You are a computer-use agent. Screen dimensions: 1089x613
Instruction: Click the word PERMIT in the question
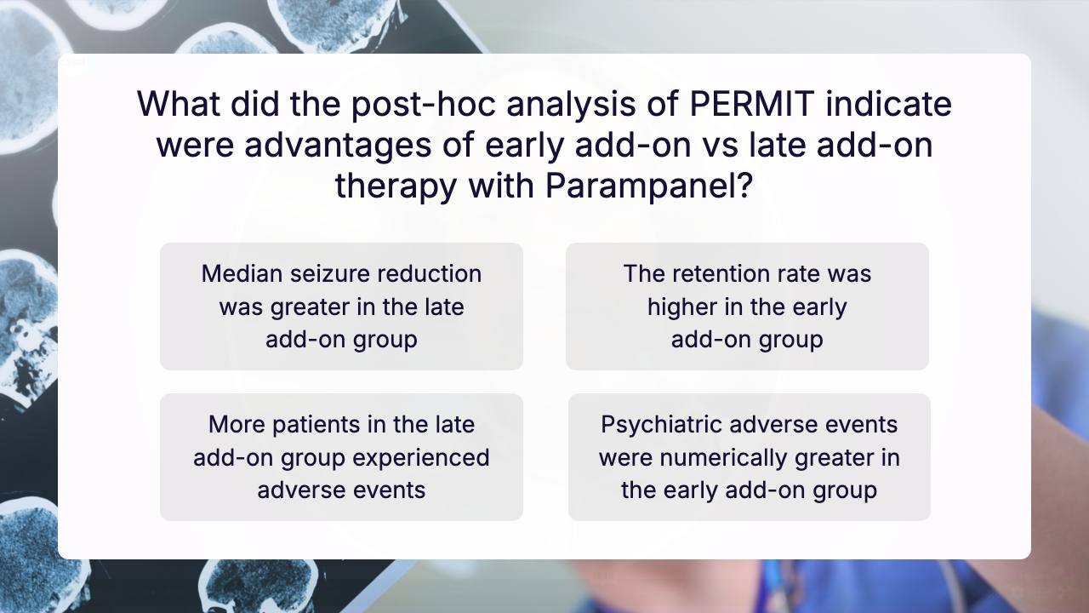tap(752, 104)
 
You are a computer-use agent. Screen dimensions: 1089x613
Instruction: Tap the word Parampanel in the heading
tap(649, 186)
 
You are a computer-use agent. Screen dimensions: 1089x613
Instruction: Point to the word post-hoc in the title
tap(424, 105)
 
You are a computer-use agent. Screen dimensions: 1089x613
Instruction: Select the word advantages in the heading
tap(338, 146)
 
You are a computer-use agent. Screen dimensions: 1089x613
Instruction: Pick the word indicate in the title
tap(889, 104)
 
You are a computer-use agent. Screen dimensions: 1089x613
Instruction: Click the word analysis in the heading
tap(571, 105)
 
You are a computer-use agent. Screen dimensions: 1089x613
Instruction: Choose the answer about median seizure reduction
tap(341, 306)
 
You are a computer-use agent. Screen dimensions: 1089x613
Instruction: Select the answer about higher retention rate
tap(747, 306)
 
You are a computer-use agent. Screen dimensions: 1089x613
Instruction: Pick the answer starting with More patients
tap(341, 457)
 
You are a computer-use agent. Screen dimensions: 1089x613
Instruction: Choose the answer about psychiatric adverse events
tap(750, 457)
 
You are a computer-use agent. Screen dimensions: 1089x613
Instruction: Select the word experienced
tap(421, 459)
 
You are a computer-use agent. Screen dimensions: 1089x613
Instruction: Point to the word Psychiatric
tap(662, 425)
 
